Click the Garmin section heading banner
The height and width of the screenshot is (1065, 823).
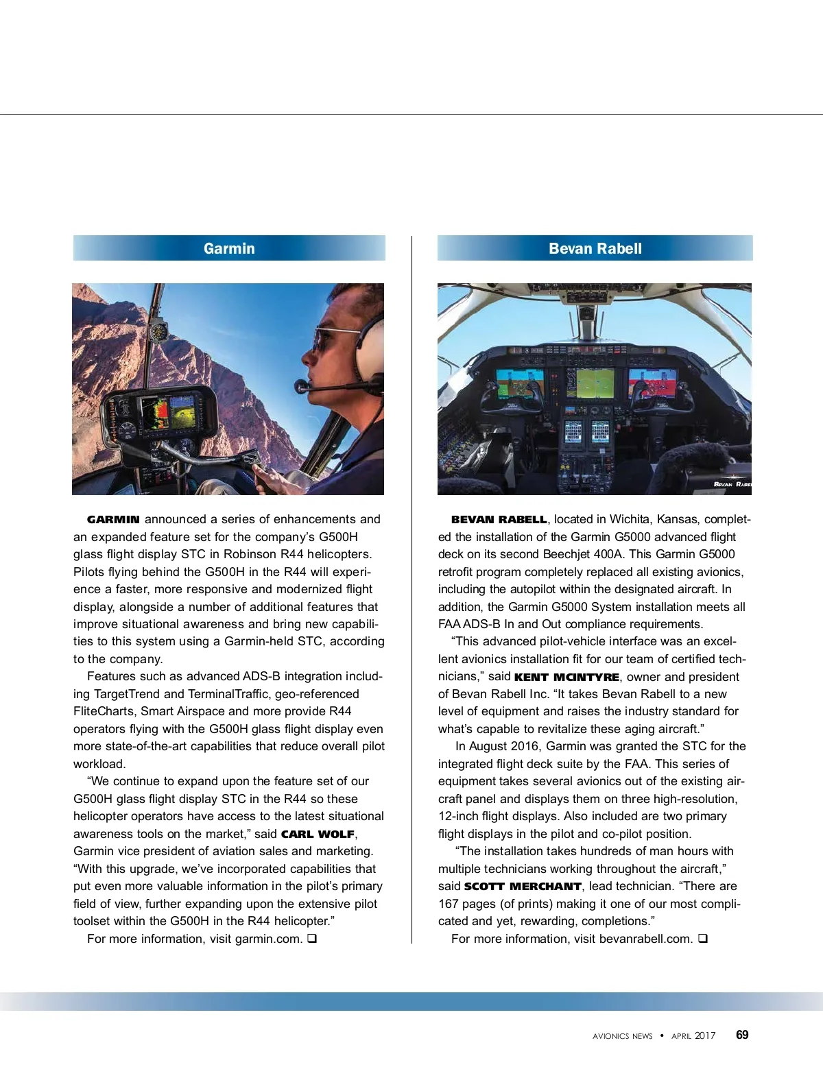(x=229, y=248)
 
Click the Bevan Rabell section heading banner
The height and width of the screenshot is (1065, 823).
(x=595, y=248)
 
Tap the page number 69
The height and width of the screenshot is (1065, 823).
(x=742, y=1035)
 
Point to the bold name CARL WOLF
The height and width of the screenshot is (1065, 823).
(x=318, y=835)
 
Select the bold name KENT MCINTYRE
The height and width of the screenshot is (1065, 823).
(x=566, y=678)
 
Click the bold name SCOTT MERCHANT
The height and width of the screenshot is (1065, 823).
(x=523, y=887)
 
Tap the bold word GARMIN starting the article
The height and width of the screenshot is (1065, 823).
(x=113, y=520)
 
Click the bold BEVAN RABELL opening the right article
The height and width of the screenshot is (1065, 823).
(x=499, y=520)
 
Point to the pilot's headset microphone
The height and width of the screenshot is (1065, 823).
(x=302, y=387)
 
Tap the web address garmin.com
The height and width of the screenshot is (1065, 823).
(x=268, y=939)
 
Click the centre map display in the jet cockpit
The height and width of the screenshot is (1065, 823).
(x=595, y=384)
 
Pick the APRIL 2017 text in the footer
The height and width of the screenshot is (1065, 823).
(x=693, y=1036)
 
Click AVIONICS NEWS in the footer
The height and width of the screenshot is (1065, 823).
(x=622, y=1036)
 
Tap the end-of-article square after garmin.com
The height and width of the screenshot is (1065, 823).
(x=312, y=939)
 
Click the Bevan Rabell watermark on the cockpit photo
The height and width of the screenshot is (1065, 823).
(x=732, y=484)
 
